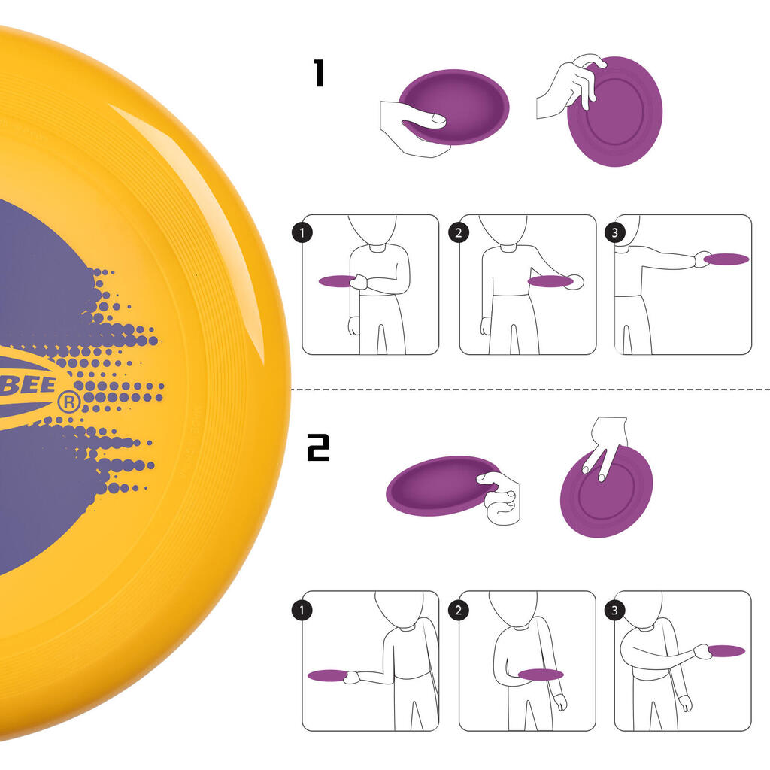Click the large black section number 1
point(319,74)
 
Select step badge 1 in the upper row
point(302,233)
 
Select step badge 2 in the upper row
point(459,233)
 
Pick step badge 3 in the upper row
point(615,233)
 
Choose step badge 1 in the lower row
point(302,610)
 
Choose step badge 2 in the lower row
point(459,610)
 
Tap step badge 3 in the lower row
point(615,610)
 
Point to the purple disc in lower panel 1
point(326,675)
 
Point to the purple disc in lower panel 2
point(540,674)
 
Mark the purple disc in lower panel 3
point(726,650)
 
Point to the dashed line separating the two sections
point(526,390)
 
